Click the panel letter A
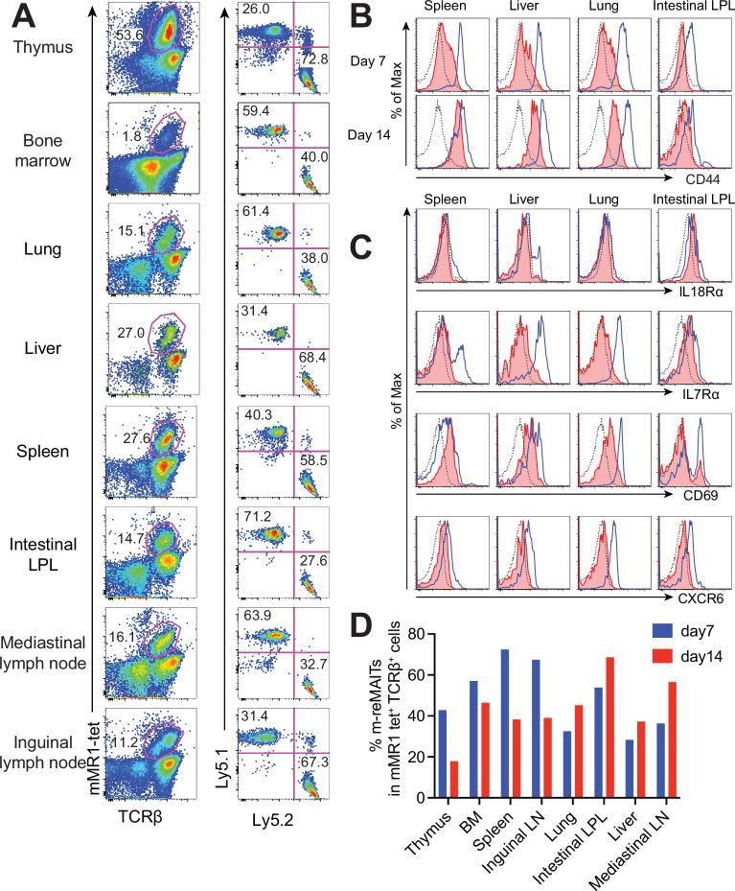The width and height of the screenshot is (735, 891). (x=21, y=17)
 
